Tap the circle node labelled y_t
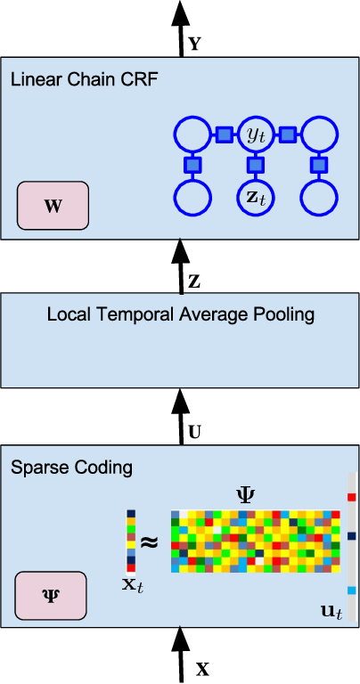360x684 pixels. [255, 135]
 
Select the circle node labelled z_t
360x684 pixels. [255, 197]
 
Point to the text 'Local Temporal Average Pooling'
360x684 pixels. [181, 314]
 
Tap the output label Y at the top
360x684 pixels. [195, 42]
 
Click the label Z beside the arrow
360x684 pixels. [194, 282]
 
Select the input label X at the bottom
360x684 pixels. [203, 665]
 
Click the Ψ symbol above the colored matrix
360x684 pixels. [246, 493]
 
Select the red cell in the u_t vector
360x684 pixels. [351, 497]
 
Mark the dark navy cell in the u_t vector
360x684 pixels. [351, 536]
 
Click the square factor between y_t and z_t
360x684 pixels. [255, 166]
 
